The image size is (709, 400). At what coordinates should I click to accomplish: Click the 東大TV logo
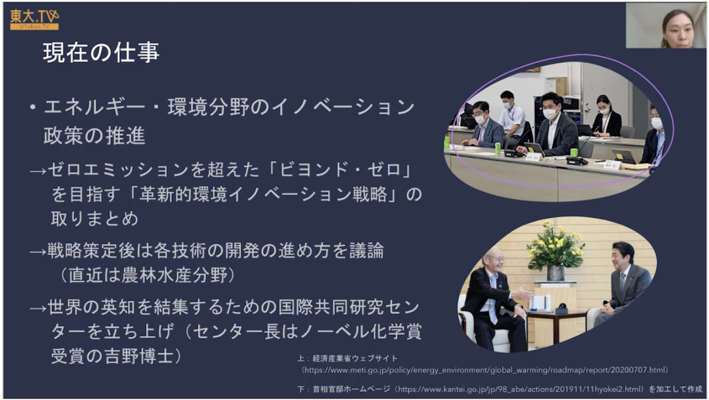(35, 19)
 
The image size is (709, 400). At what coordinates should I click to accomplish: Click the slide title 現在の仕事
(101, 53)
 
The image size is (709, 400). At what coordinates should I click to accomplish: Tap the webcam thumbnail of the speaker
(665, 26)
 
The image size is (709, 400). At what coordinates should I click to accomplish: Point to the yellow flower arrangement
(555, 244)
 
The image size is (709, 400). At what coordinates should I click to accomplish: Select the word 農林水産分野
(174, 275)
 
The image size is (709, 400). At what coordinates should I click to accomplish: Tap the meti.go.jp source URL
(485, 370)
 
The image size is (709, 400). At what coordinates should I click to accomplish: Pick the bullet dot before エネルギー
(33, 107)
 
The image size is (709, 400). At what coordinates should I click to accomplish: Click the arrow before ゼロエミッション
(38, 171)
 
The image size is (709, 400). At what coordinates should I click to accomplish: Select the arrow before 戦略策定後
(38, 252)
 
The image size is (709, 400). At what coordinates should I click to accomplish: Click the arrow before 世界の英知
(38, 308)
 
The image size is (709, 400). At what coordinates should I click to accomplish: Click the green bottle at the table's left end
(447, 143)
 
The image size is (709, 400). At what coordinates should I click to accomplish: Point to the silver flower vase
(555, 273)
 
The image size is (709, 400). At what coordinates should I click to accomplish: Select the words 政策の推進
(94, 136)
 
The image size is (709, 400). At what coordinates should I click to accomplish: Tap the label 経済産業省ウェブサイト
(355, 358)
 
